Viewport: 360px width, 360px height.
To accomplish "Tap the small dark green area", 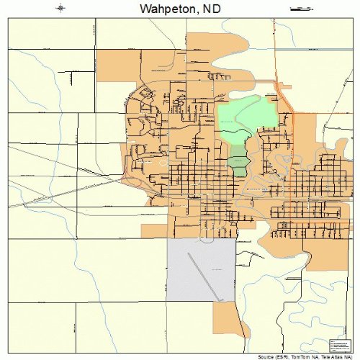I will [238, 160].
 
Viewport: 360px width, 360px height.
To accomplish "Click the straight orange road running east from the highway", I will [324, 113].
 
